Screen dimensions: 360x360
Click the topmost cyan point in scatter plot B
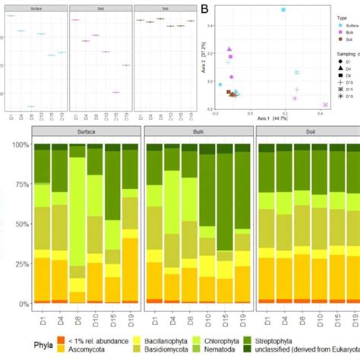click(x=283, y=10)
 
